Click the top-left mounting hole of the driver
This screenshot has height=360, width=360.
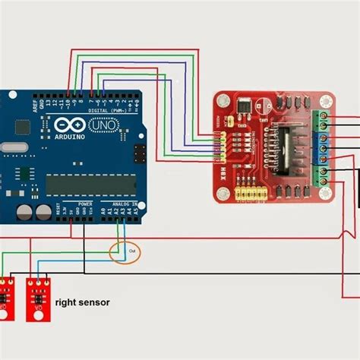coord(221,99)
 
